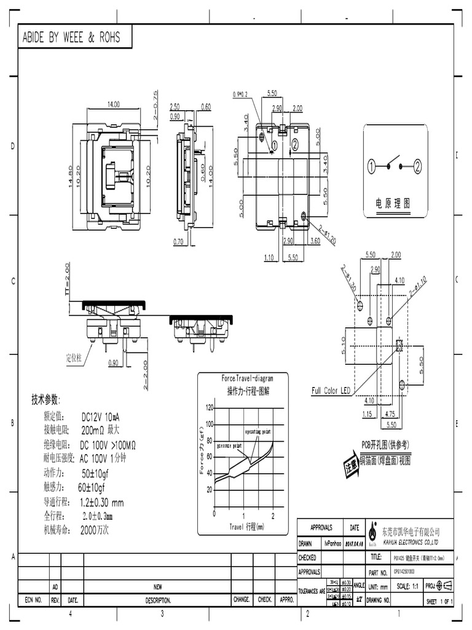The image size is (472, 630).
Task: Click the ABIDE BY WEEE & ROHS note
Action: [71, 38]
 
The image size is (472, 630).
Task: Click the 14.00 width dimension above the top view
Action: [114, 105]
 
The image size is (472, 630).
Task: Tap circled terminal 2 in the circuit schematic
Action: [417, 166]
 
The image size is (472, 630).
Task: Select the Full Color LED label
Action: [331, 391]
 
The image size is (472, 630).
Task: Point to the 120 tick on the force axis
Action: [210, 408]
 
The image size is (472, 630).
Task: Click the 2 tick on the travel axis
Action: [273, 514]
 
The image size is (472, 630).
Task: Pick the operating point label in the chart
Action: [258, 433]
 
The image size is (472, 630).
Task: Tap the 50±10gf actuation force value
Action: [95, 473]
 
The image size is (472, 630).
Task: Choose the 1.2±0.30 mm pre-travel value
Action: [101, 502]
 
